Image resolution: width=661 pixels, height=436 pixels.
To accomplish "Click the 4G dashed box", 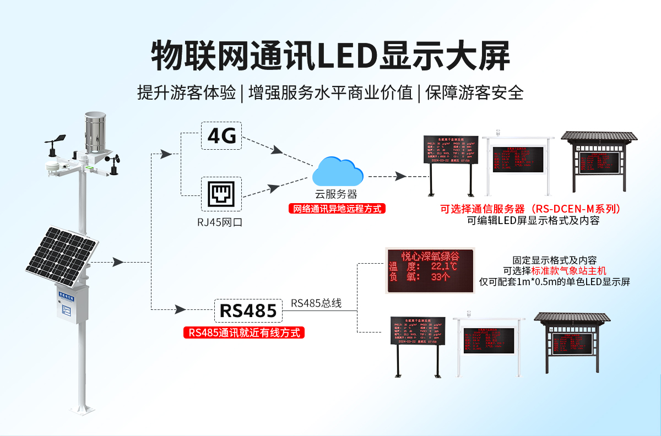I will [x=221, y=135].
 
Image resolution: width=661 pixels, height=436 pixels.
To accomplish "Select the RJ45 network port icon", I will [x=221, y=194].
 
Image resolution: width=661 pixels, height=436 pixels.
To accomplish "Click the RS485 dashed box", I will [x=248, y=311].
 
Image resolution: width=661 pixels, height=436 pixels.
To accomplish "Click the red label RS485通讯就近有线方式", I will [x=244, y=333].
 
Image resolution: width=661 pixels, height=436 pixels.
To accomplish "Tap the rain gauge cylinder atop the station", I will [x=96, y=134].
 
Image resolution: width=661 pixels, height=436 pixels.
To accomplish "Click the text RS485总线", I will [x=316, y=303].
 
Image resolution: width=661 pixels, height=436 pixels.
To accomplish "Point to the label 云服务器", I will [x=336, y=194].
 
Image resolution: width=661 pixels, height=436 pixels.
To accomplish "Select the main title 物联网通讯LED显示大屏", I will [x=330, y=55].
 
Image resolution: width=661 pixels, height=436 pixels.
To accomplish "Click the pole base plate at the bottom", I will [x=83, y=410].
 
